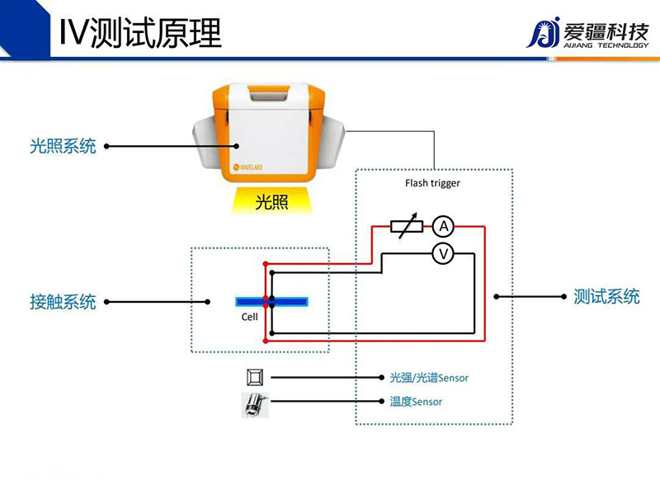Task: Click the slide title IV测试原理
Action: coord(141,32)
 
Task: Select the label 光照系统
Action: coord(63,147)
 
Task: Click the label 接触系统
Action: coord(63,302)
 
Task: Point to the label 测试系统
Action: coord(606,297)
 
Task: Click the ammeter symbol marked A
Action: coord(444,226)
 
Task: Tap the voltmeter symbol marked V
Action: coord(444,254)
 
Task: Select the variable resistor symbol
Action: coord(404,226)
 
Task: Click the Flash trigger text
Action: coord(432,183)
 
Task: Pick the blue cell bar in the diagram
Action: coord(272,301)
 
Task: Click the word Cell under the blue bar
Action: coord(249,317)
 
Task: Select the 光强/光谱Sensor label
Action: coord(429,378)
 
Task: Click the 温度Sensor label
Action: coord(416,402)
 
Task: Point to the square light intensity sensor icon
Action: coord(253,378)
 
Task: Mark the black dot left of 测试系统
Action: coord(497,297)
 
